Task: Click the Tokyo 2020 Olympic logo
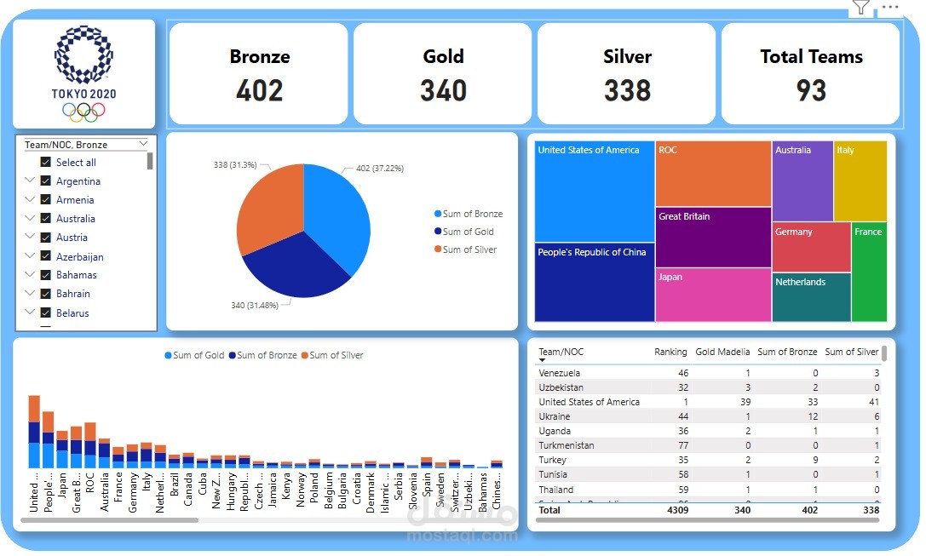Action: point(83,74)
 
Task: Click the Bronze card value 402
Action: point(259,90)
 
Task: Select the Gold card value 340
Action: point(443,90)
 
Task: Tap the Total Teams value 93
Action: point(811,90)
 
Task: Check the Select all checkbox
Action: point(46,163)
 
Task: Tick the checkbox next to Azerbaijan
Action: point(46,256)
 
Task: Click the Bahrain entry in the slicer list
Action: point(73,294)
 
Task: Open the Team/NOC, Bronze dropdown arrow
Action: point(142,144)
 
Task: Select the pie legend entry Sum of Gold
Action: point(468,232)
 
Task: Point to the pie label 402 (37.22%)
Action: point(379,169)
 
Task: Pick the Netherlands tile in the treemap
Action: point(811,296)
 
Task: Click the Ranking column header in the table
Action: point(670,352)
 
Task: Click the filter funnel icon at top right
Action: point(861,8)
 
